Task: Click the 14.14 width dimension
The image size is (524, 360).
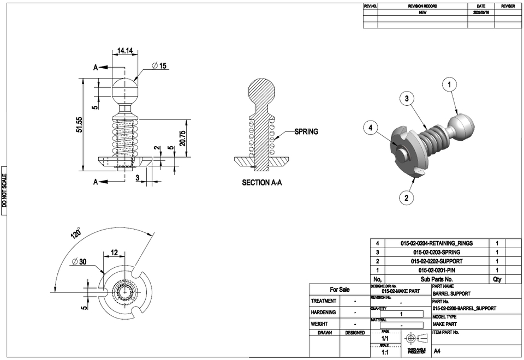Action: click(x=125, y=51)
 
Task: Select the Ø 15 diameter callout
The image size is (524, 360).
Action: click(x=159, y=65)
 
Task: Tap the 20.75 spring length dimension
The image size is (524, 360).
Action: click(x=183, y=137)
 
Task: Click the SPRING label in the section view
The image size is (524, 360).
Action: click(x=306, y=131)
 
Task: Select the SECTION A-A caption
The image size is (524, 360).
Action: click(x=262, y=183)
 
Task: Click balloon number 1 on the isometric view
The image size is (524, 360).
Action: click(x=449, y=85)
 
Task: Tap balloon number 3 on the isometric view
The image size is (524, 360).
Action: click(x=407, y=99)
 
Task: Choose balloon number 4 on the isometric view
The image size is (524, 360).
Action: click(x=371, y=128)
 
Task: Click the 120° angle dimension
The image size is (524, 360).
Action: click(x=75, y=233)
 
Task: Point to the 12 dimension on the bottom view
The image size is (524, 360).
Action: click(x=114, y=253)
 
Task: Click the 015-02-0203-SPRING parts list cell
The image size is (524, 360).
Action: click(x=437, y=253)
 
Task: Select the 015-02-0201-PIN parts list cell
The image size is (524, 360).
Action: click(x=437, y=270)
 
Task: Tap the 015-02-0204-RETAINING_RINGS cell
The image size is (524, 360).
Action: click(x=437, y=243)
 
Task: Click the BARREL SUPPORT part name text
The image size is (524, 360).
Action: click(x=451, y=293)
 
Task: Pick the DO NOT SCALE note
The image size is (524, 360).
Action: click(x=4, y=190)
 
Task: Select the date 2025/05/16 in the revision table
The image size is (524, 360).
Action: click(x=481, y=12)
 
